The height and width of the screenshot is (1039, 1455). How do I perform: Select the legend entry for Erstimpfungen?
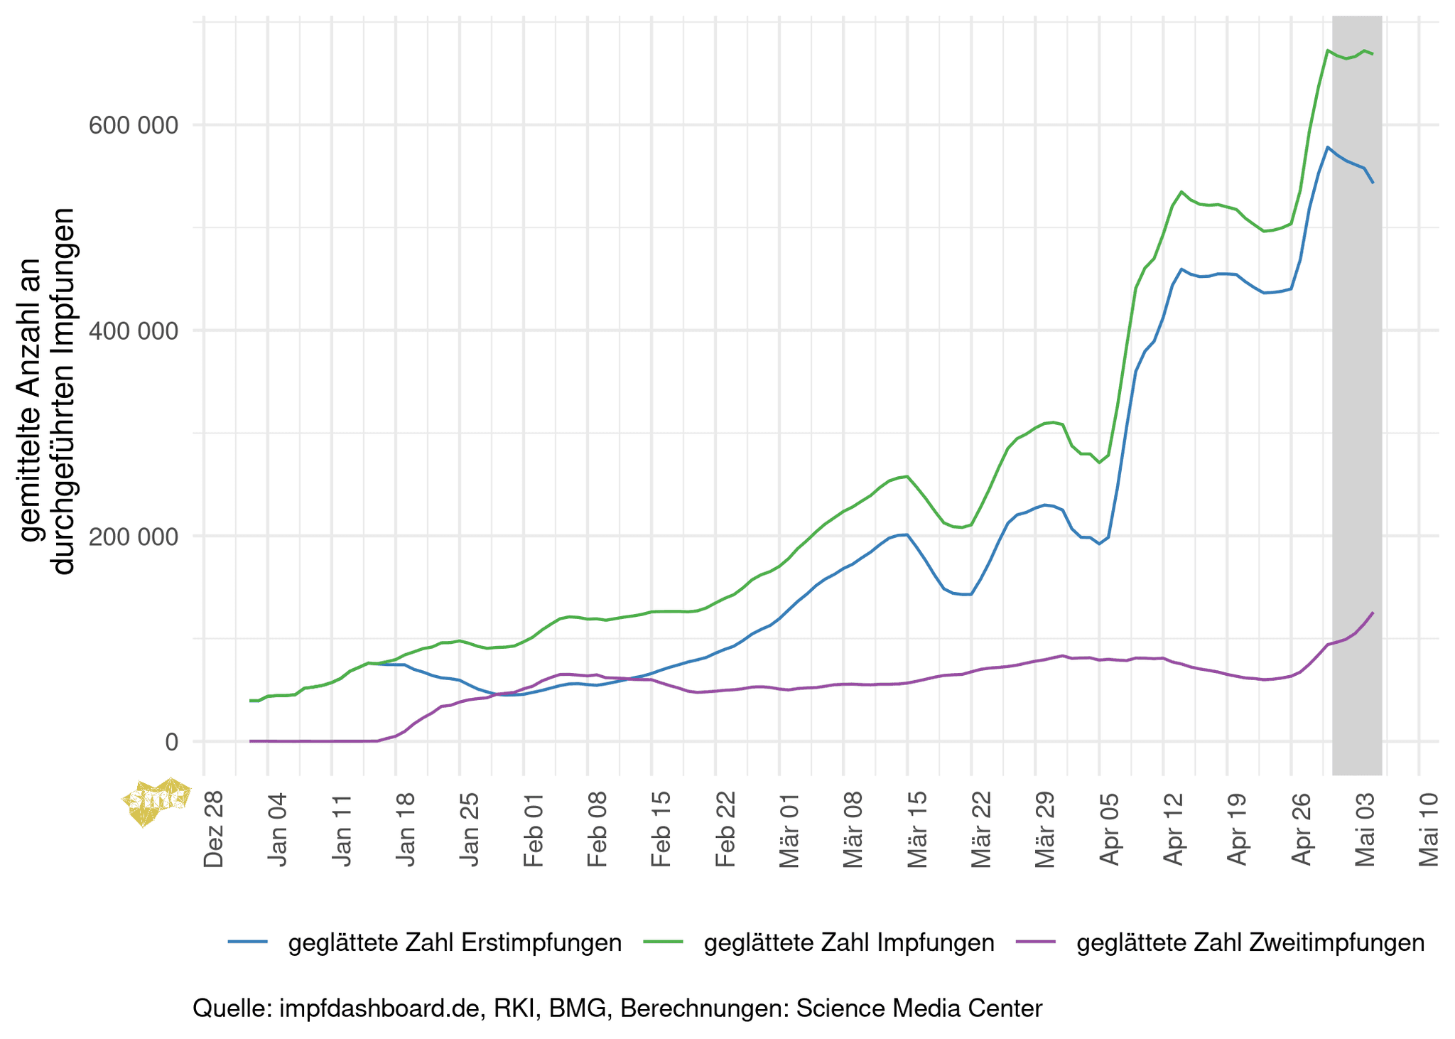click(x=455, y=942)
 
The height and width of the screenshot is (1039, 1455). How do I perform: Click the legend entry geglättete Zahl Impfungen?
click(x=848, y=942)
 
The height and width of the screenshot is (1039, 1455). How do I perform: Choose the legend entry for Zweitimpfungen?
click(x=1250, y=942)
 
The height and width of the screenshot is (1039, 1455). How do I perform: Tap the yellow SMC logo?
click(x=156, y=801)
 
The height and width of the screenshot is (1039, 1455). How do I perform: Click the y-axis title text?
click(x=46, y=391)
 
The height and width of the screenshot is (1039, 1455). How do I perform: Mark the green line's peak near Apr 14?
click(x=1181, y=191)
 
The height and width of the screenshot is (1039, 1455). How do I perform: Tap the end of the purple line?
click(x=1373, y=613)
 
